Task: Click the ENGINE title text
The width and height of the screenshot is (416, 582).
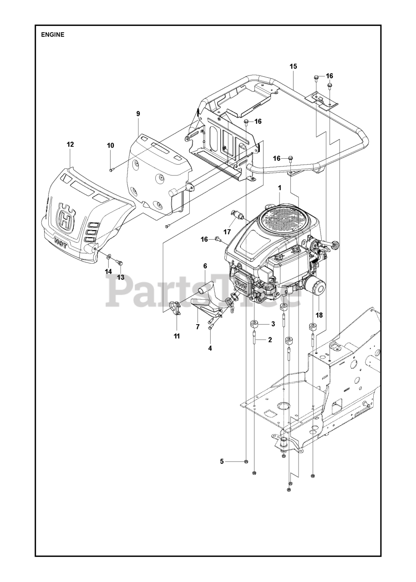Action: (x=53, y=35)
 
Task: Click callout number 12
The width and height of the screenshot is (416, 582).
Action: (x=70, y=144)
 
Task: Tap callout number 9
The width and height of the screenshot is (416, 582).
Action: (x=138, y=114)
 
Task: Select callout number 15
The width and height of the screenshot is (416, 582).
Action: (x=293, y=66)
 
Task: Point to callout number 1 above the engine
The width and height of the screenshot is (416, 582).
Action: (x=280, y=187)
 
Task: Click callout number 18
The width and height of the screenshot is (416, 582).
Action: (x=319, y=315)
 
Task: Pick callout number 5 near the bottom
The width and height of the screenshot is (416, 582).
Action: (x=222, y=462)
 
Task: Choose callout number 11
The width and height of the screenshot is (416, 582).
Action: (x=177, y=336)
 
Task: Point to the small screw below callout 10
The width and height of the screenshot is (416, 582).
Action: (x=111, y=170)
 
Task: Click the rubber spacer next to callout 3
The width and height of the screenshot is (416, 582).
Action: (x=254, y=325)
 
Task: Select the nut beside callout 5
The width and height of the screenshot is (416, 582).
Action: (x=245, y=462)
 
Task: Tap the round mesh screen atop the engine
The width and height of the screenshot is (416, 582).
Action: (x=280, y=220)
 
